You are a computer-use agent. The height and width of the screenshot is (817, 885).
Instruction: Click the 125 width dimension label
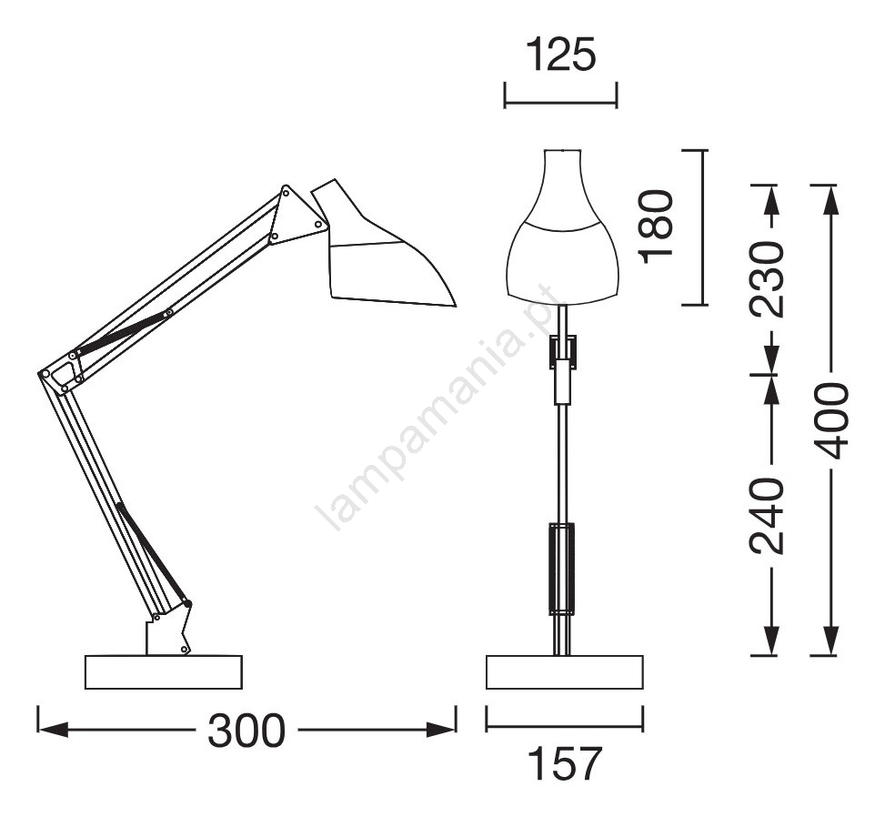561,55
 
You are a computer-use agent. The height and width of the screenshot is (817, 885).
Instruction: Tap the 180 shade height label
657,227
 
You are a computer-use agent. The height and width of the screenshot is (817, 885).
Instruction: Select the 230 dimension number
767,279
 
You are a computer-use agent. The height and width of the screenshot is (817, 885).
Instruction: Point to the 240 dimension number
767,516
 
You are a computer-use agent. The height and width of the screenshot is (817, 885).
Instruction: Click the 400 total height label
830,421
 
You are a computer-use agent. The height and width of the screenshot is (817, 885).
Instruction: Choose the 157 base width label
565,764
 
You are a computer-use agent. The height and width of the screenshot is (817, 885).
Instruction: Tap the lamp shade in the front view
562,226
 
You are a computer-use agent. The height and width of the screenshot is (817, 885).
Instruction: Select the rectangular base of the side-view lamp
164,672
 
